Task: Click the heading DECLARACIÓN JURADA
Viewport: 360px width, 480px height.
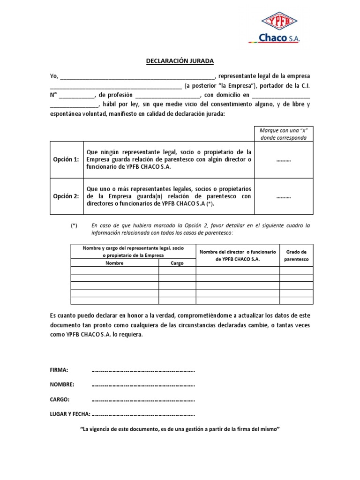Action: pyautogui.click(x=180, y=61)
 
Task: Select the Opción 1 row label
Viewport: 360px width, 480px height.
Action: pyautogui.click(x=66, y=159)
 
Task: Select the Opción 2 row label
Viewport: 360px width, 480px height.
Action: pyautogui.click(x=66, y=196)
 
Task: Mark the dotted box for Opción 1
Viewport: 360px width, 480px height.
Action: pyautogui.click(x=284, y=160)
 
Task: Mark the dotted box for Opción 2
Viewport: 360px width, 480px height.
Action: pyautogui.click(x=284, y=197)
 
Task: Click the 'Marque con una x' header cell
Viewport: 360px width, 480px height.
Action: pyautogui.click(x=284, y=134)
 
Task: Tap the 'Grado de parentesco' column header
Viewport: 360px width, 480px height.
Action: pyautogui.click(x=296, y=255)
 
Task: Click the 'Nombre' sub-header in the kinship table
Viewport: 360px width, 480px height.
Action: pyautogui.click(x=114, y=263)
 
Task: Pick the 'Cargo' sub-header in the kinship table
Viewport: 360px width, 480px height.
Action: pyautogui.click(x=177, y=263)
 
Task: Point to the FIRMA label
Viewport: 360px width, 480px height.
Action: pyautogui.click(x=59, y=370)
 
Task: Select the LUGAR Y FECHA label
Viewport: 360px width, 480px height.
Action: pyautogui.click(x=70, y=414)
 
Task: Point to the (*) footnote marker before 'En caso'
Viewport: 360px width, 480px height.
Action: pyautogui.click(x=74, y=225)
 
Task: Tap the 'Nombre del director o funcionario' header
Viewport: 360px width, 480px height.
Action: pyautogui.click(x=238, y=255)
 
